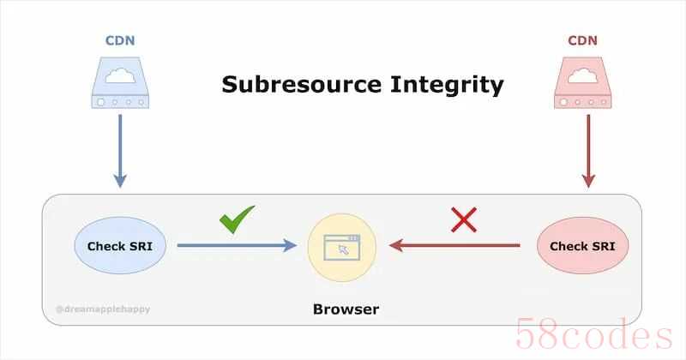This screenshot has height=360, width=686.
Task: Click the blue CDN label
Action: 120,40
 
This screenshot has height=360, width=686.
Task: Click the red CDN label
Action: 582,40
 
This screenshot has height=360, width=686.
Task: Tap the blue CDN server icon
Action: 120,82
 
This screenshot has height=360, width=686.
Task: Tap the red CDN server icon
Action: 583,82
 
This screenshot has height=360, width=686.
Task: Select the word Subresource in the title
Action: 302,84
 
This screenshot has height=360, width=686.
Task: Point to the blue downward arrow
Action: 120,152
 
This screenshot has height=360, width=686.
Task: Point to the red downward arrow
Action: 588,152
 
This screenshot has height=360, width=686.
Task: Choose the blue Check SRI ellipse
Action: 120,245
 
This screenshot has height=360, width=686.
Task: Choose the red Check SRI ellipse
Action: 583,245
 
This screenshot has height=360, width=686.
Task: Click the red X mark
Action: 464,220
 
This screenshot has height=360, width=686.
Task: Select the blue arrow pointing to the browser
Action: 237,245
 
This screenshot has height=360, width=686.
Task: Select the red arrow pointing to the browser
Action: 454,245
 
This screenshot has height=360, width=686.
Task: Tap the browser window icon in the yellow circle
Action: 342,248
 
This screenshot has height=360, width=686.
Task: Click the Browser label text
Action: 346,309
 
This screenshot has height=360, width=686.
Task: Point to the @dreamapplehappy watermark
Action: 103,309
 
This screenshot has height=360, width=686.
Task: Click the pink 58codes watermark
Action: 593,334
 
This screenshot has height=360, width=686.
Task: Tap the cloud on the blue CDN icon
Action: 120,75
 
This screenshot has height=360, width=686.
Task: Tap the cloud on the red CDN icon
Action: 583,75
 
